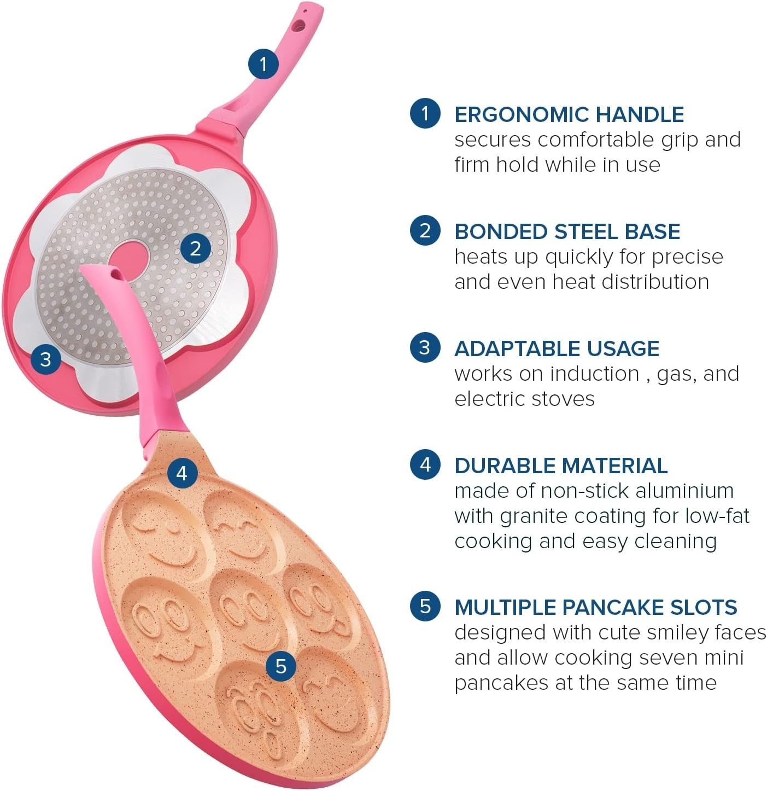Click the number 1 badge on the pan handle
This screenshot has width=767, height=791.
(264, 64)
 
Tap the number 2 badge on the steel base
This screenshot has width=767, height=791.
(195, 248)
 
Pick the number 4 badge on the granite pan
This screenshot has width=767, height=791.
(183, 473)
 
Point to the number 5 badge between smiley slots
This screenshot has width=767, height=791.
(280, 666)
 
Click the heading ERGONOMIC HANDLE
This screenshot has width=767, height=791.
(569, 115)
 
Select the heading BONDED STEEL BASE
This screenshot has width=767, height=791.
(567, 232)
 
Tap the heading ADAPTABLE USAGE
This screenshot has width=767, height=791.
(557, 349)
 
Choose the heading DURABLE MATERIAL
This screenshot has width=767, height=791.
(561, 466)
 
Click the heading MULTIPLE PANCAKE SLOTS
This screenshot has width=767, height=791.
(595, 607)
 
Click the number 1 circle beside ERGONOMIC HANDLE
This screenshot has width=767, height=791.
(425, 113)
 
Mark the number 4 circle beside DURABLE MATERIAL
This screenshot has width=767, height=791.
(425, 464)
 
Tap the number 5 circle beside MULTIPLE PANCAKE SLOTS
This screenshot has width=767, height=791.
(425, 606)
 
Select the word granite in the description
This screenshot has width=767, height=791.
(534, 516)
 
